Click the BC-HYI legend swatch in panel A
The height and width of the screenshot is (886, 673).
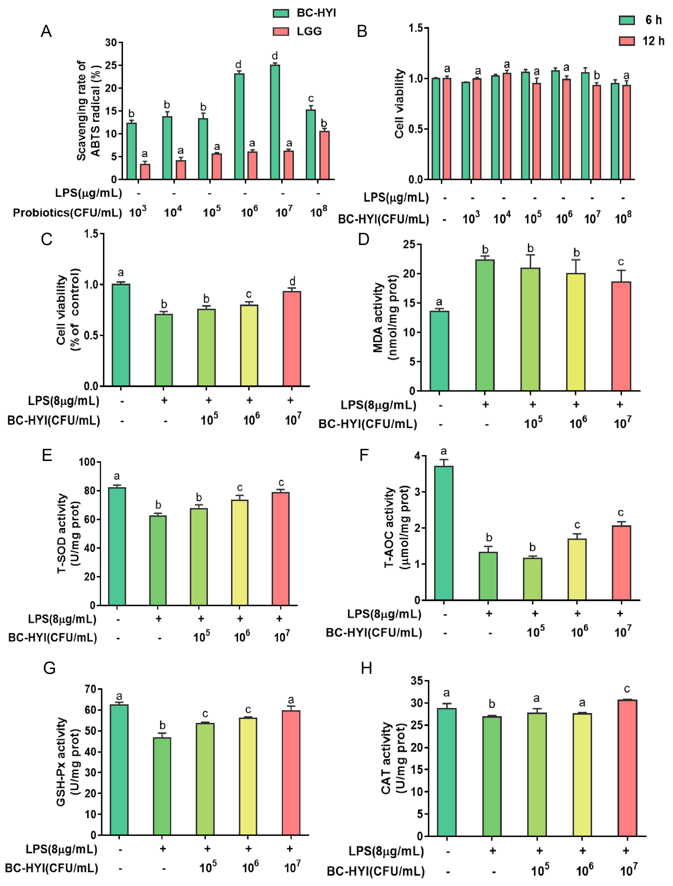[281, 13]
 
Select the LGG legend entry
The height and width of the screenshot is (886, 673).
[309, 31]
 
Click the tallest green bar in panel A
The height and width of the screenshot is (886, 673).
[275, 122]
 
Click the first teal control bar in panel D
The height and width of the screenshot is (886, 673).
[439, 351]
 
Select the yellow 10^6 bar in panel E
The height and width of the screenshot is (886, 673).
[239, 552]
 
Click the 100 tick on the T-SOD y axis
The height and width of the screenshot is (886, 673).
[87, 462]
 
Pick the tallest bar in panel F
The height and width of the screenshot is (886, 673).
[443, 533]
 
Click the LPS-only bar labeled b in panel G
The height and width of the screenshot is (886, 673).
[162, 786]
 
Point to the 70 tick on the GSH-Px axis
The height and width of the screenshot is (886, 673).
[91, 689]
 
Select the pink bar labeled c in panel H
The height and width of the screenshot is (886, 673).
[627, 768]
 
